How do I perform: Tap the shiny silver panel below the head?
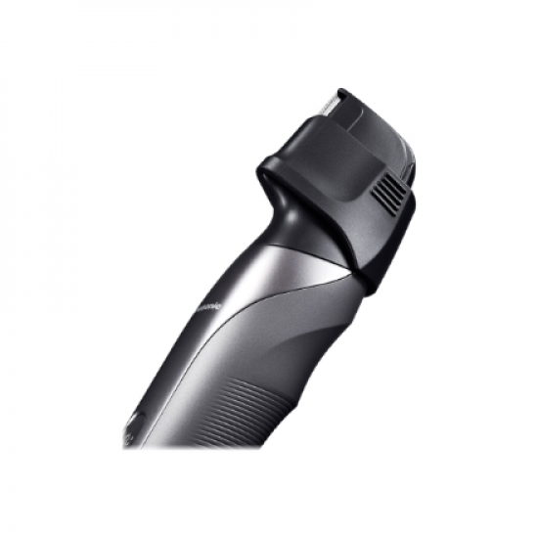coord(284,269)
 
